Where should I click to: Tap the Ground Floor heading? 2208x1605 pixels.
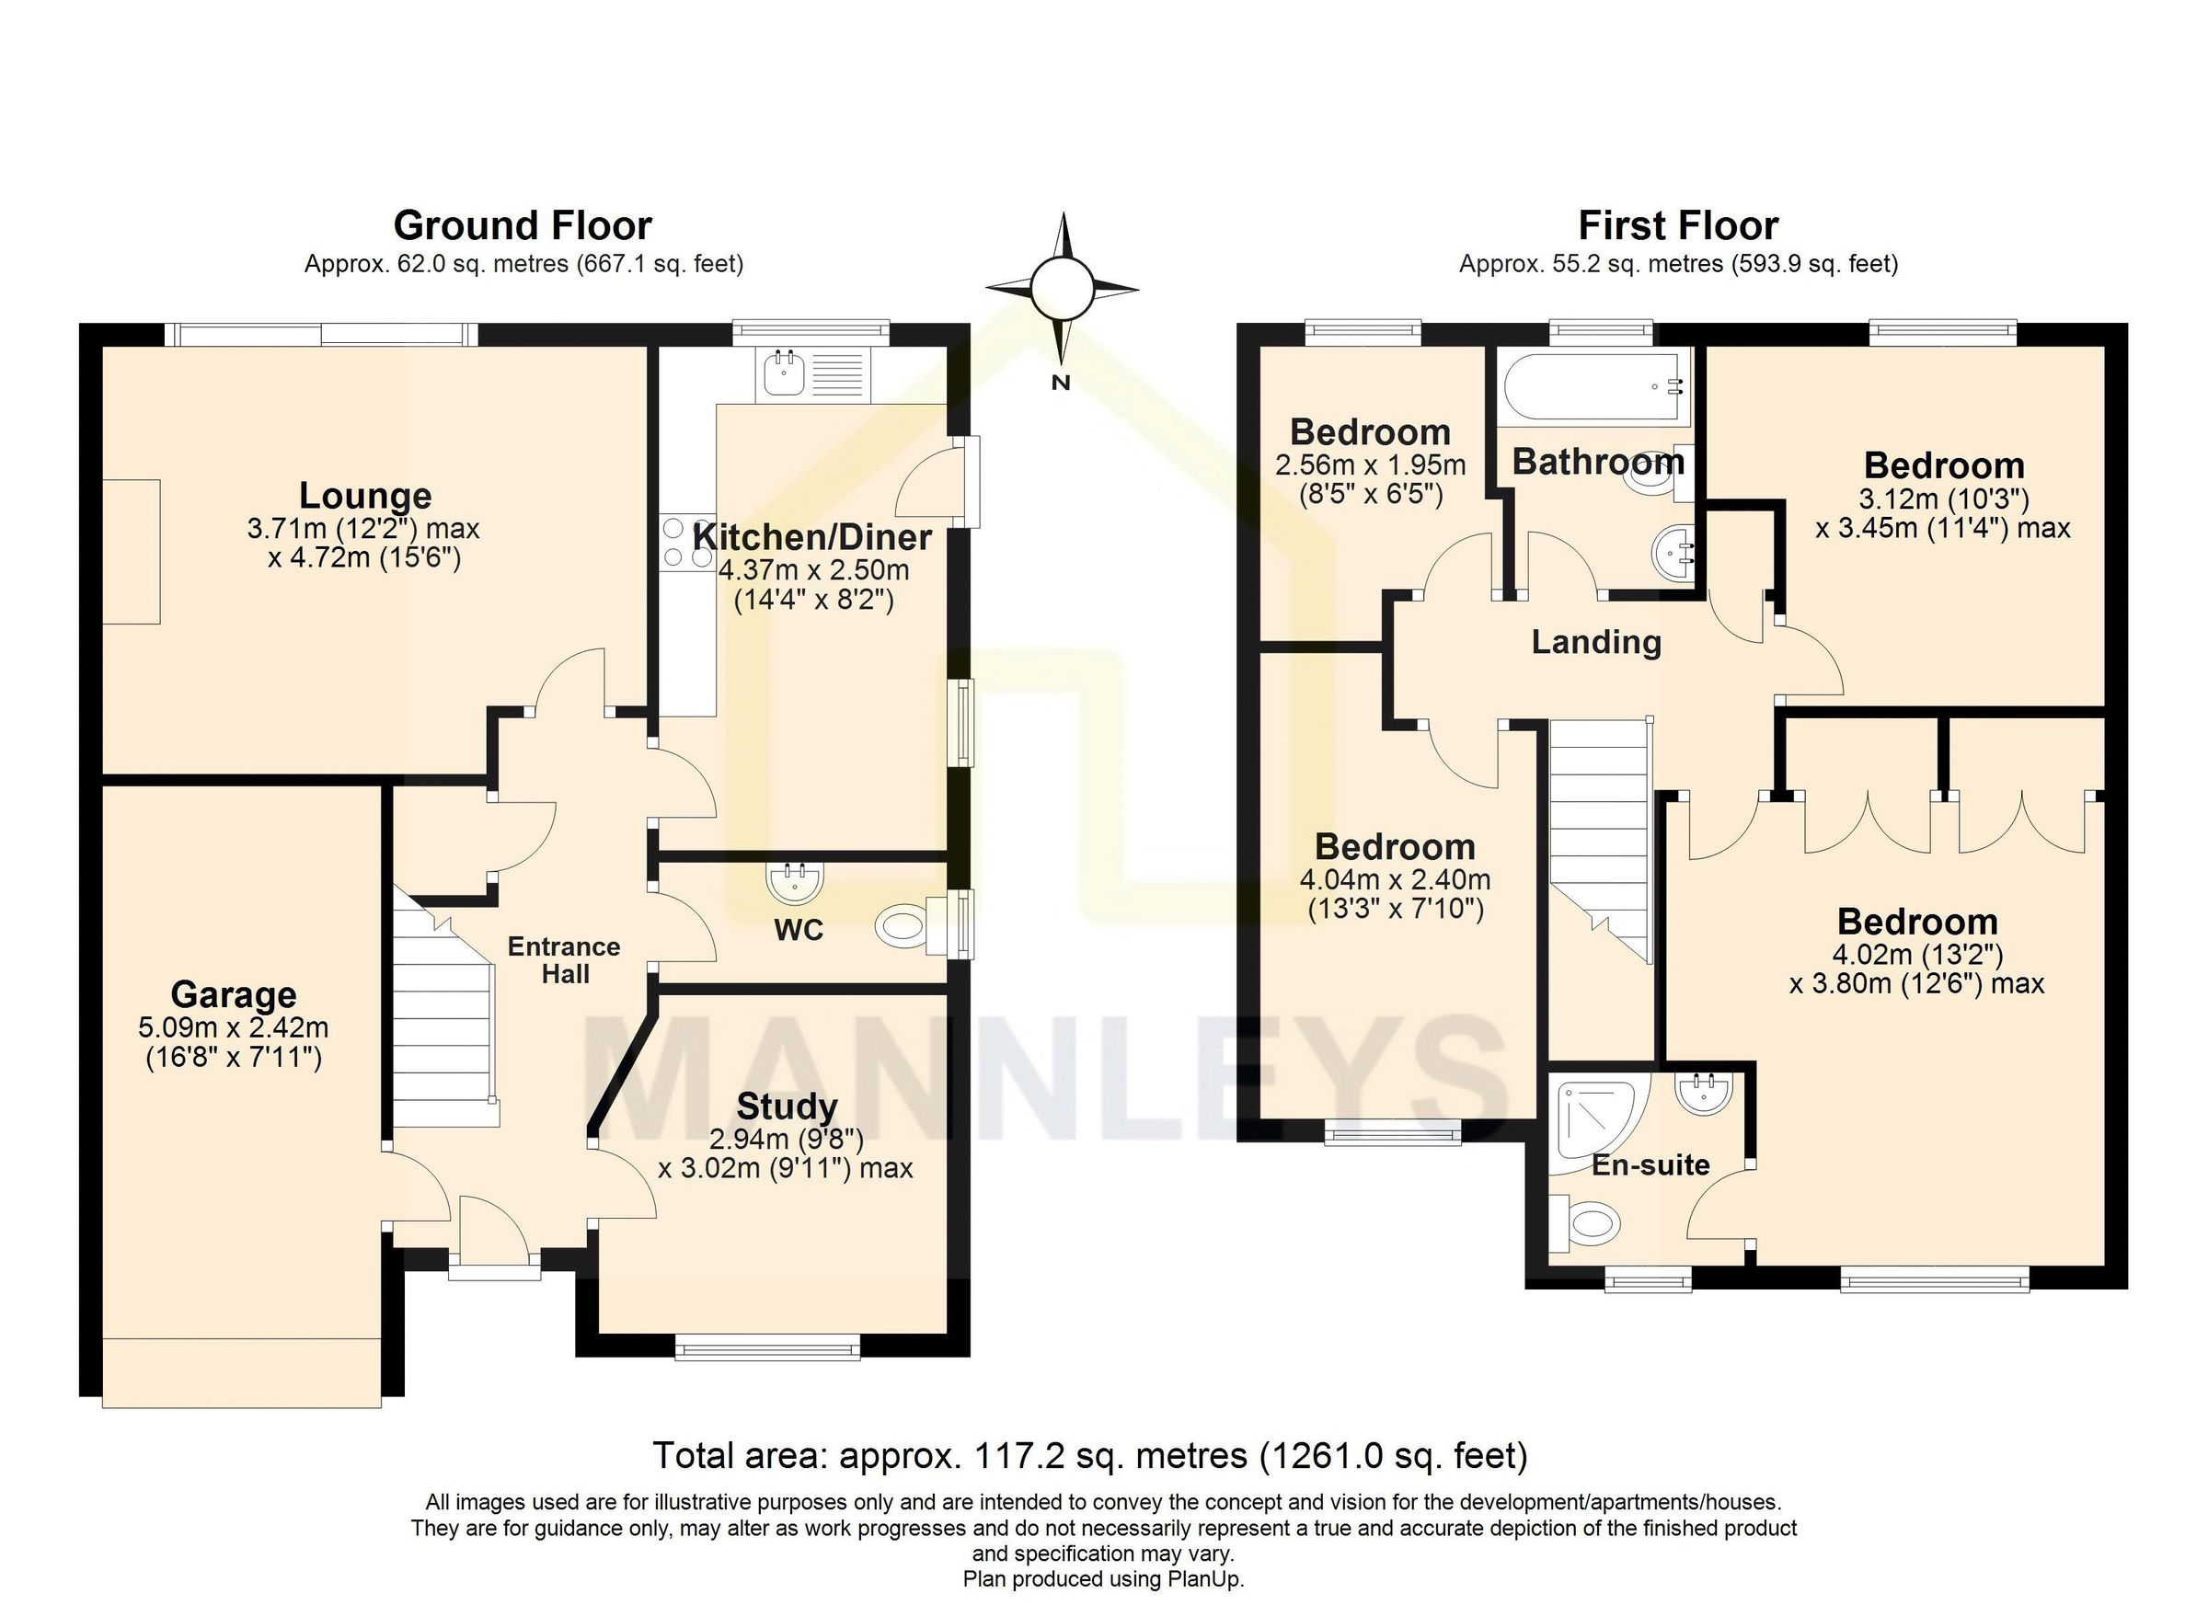click(x=523, y=226)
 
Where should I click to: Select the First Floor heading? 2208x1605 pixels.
click(x=1677, y=226)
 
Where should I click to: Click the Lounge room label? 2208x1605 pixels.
click(x=365, y=496)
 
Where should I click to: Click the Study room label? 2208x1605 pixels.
click(x=787, y=1106)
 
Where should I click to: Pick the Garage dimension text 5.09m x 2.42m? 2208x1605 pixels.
click(x=234, y=1026)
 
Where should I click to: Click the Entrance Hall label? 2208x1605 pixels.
click(x=564, y=959)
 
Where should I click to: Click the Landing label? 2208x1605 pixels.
click(x=1595, y=642)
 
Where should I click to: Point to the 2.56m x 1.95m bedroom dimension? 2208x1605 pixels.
click(x=1370, y=465)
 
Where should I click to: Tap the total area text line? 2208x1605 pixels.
click(x=1089, y=1455)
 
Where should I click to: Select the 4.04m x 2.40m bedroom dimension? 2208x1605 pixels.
click(x=1394, y=880)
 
